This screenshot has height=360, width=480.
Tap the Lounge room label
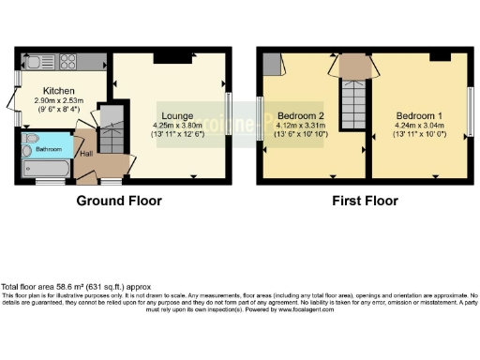pos(177,115)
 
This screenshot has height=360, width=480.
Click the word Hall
pos(85,154)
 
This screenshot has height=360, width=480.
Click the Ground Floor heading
pos(119,201)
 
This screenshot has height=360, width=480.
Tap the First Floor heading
pos(367,201)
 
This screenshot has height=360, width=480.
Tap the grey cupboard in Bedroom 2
pos(273,63)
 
